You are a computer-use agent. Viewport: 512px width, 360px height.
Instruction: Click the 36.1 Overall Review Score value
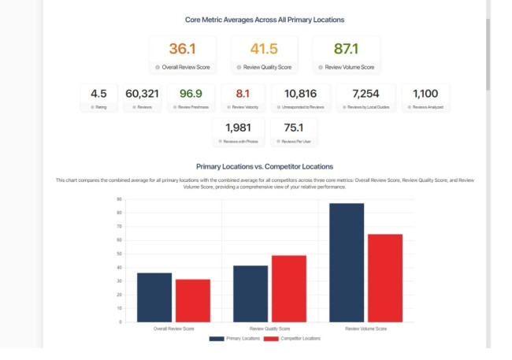click(x=183, y=49)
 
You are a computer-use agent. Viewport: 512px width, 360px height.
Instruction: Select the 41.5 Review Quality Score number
click(x=264, y=49)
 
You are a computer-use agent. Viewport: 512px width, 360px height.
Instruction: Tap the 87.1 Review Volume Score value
click(x=346, y=49)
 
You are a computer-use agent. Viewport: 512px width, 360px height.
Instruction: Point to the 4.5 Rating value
click(x=98, y=94)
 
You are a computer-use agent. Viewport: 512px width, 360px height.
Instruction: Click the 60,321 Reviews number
click(x=142, y=94)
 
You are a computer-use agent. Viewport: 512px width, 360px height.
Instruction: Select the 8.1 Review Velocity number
click(x=243, y=94)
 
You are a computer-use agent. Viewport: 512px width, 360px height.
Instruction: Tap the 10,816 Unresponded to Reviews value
click(x=301, y=94)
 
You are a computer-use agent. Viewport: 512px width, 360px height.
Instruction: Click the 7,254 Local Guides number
click(x=365, y=94)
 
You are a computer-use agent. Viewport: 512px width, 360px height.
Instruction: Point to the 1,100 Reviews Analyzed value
click(x=425, y=94)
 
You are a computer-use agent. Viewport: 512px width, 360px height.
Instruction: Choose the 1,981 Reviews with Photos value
click(x=238, y=128)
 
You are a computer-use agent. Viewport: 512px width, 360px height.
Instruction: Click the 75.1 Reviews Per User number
click(x=293, y=128)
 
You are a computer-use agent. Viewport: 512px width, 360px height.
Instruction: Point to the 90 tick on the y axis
click(x=118, y=199)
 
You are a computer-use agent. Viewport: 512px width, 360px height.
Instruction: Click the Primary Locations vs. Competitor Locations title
click(x=264, y=166)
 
